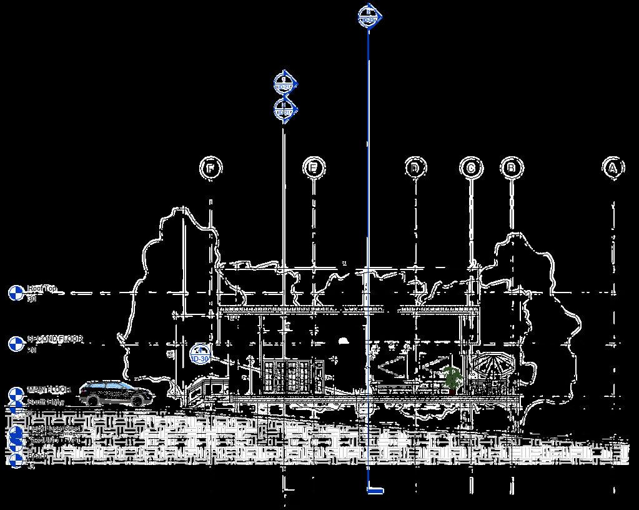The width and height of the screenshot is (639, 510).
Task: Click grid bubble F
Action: (x=211, y=168)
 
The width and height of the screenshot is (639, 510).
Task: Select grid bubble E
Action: (x=314, y=167)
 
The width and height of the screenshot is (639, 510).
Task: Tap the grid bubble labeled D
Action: (x=415, y=167)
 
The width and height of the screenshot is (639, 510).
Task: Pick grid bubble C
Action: (x=471, y=167)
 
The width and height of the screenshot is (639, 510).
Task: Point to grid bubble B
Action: (x=512, y=167)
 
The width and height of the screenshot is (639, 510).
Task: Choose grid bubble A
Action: (x=613, y=167)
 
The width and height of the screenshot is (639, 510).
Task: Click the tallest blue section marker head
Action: (x=369, y=16)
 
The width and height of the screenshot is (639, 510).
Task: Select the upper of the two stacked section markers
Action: (x=285, y=83)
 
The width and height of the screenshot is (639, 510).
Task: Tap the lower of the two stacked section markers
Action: (x=285, y=111)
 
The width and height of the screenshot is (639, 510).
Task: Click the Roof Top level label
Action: (x=42, y=289)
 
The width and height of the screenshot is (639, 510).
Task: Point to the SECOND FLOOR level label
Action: (x=54, y=339)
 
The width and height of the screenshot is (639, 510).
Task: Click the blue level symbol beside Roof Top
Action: (x=16, y=292)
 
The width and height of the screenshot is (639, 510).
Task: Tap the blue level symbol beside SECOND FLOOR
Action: (x=16, y=343)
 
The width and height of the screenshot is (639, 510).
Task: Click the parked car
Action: (x=116, y=393)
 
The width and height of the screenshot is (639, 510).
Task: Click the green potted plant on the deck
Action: (x=452, y=378)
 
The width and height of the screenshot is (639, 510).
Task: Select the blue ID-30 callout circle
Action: (x=199, y=354)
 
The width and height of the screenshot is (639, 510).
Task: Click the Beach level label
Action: (x=37, y=456)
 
